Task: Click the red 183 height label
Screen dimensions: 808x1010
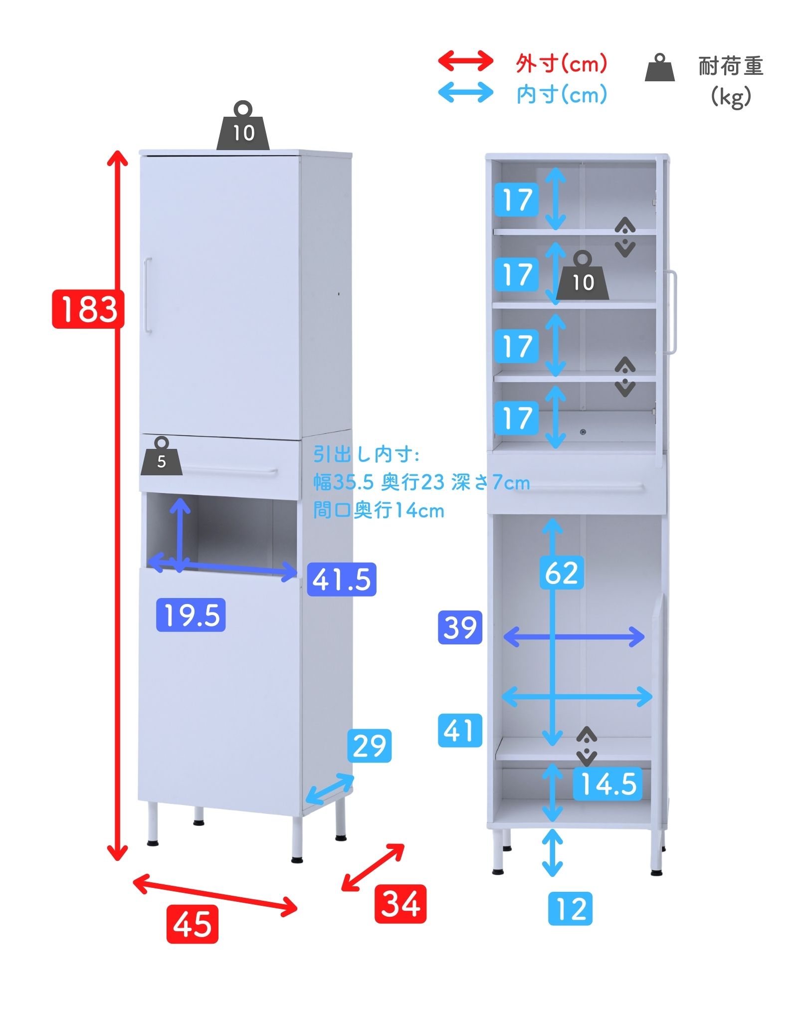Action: [88, 309]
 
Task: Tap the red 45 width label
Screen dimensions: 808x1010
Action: [192, 924]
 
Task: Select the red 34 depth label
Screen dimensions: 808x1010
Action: [401, 904]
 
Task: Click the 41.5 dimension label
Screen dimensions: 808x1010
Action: [342, 579]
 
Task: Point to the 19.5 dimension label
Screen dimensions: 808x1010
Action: [191, 615]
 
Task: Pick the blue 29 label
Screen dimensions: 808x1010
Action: [369, 746]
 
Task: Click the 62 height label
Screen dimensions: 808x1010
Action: [562, 572]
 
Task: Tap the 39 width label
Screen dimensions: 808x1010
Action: [460, 627]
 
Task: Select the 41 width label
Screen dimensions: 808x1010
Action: [460, 730]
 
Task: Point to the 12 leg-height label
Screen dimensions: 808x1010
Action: [570, 909]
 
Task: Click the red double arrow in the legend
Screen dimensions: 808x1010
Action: [465, 61]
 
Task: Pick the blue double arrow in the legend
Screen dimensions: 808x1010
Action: [465, 92]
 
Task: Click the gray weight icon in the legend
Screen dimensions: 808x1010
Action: [660, 67]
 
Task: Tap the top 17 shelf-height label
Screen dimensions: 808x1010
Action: [517, 200]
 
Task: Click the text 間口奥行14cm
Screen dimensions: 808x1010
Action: [379, 510]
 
